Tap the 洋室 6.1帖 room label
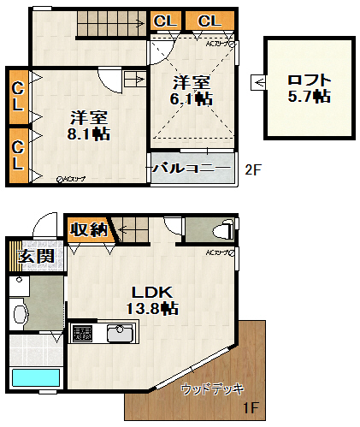tap(192, 90)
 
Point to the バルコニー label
tap(191, 168)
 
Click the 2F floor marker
tap(252, 169)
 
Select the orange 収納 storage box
tap(88, 228)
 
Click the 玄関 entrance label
tap(36, 255)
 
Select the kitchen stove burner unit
tap(83, 334)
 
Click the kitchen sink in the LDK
tap(119, 334)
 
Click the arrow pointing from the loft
tap(257, 82)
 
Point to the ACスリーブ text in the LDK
tap(218, 252)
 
